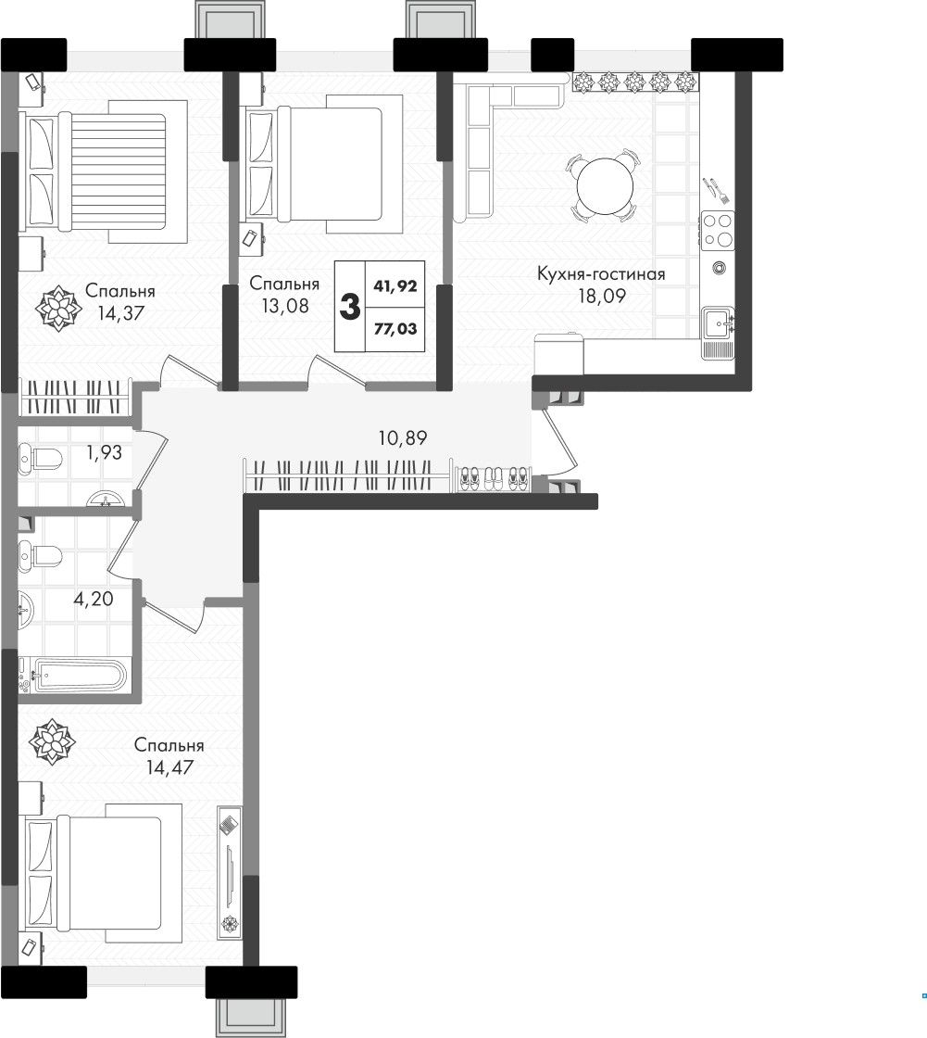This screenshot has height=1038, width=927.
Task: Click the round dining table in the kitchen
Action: (605, 186)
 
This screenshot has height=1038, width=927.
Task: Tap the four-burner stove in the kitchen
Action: (718, 230)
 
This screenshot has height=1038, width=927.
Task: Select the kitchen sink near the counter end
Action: (718, 323)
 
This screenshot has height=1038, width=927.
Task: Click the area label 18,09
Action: (601, 296)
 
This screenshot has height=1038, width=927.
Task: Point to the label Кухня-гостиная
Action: (601, 273)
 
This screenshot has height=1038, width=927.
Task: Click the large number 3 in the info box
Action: (349, 307)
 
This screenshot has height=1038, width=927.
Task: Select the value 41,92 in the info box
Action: (395, 286)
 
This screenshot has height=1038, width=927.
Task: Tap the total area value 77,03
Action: (395, 328)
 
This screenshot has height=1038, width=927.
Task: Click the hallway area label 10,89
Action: (402, 437)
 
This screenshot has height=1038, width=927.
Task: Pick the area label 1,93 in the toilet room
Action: (104, 453)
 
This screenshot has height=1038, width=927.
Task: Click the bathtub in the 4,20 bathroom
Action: (72, 676)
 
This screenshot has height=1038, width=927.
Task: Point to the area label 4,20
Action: (94, 599)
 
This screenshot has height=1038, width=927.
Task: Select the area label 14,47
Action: (169, 767)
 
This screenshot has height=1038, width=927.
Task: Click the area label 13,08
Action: (284, 306)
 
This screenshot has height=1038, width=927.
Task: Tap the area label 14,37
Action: (120, 312)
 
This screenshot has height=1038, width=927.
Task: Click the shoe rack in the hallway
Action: (492, 478)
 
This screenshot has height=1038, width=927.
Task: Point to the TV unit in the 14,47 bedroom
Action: (229, 872)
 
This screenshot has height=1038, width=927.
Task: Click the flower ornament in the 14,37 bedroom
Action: (58, 308)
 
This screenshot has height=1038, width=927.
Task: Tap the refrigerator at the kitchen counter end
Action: (559, 354)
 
